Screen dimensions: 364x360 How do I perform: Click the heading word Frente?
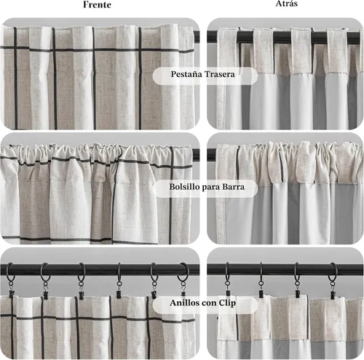pos(97,4)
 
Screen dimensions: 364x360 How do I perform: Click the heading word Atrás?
pos(287,4)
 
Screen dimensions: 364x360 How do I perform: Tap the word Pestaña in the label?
pos(186,74)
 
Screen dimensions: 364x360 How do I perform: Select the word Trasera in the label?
pos(220,74)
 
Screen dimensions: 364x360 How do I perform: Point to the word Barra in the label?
pos(234,187)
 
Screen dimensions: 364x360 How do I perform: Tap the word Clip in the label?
pos(227,303)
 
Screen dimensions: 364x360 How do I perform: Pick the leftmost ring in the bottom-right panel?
pos(227,271)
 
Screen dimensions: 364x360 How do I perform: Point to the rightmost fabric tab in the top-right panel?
pos(337,51)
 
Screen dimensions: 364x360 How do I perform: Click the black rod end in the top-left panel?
pos(197,36)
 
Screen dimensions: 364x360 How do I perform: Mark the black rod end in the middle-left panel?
pos(197,154)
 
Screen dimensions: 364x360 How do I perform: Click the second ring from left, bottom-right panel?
pos(261,271)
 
